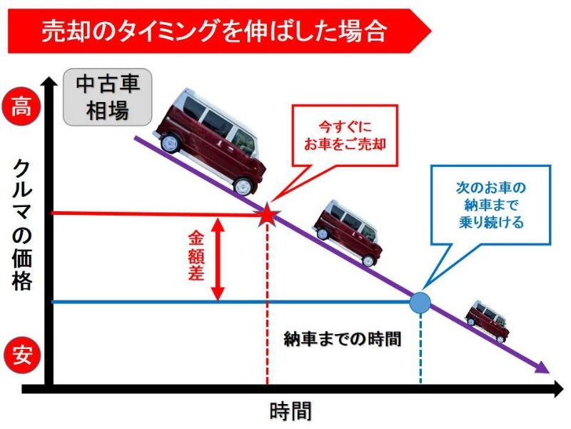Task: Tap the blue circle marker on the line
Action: (x=420, y=302)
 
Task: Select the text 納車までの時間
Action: (x=342, y=338)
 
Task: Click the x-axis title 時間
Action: (x=290, y=412)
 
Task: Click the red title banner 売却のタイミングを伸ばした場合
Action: (x=214, y=31)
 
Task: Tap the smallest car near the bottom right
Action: (x=487, y=320)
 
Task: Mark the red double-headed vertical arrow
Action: (x=219, y=258)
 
